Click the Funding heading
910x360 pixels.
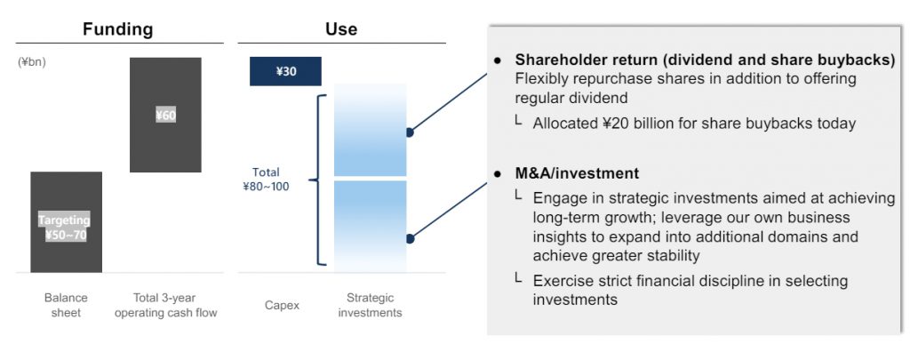[118, 29]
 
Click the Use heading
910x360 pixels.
[341, 29]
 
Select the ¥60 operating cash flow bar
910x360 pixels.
[165, 115]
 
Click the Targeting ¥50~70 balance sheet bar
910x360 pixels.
[66, 222]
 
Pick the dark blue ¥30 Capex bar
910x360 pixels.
[285, 71]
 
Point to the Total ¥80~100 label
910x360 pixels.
[266, 180]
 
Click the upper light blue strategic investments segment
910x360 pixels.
[371, 130]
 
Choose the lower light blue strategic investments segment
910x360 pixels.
[371, 226]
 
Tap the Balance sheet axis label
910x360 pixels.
[66, 306]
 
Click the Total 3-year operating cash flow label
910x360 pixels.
[165, 306]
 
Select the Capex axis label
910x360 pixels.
[282, 306]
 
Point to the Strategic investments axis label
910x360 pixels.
[371, 306]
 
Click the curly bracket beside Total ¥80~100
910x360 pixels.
[318, 180]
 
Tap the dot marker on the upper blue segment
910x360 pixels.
[410, 132]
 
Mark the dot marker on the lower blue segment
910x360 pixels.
[410, 238]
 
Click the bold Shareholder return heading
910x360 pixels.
[705, 60]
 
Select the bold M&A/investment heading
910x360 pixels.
[577, 173]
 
